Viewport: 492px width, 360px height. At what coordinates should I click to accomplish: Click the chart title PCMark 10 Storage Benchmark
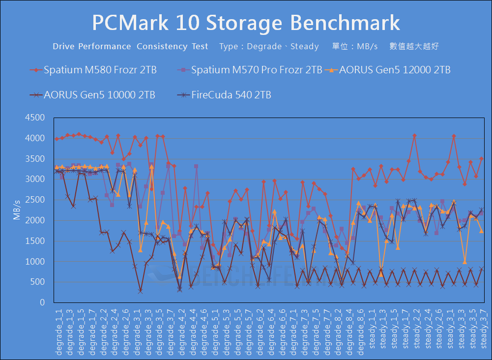click(246, 23)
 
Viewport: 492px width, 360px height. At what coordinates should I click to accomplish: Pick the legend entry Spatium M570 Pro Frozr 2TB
click(256, 70)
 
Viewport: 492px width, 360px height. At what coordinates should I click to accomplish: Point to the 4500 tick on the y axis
click(35, 118)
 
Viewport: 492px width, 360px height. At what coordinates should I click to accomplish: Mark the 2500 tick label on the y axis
click(35, 200)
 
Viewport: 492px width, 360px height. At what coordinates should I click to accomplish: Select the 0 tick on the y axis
click(42, 302)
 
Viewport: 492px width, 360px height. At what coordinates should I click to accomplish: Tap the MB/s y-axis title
click(17, 210)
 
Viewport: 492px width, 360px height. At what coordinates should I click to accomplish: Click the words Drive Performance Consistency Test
click(130, 47)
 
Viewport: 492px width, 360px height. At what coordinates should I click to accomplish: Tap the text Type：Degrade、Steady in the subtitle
click(269, 47)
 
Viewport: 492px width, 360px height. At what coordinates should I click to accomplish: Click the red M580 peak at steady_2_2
click(414, 135)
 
